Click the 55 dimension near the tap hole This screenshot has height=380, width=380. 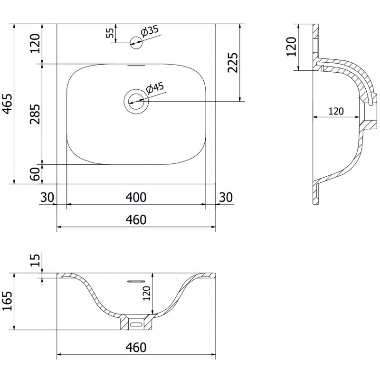point(110,33)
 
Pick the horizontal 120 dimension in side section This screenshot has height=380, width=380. point(336,111)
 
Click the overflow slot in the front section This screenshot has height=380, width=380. point(136,281)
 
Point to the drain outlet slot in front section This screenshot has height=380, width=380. point(137,324)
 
